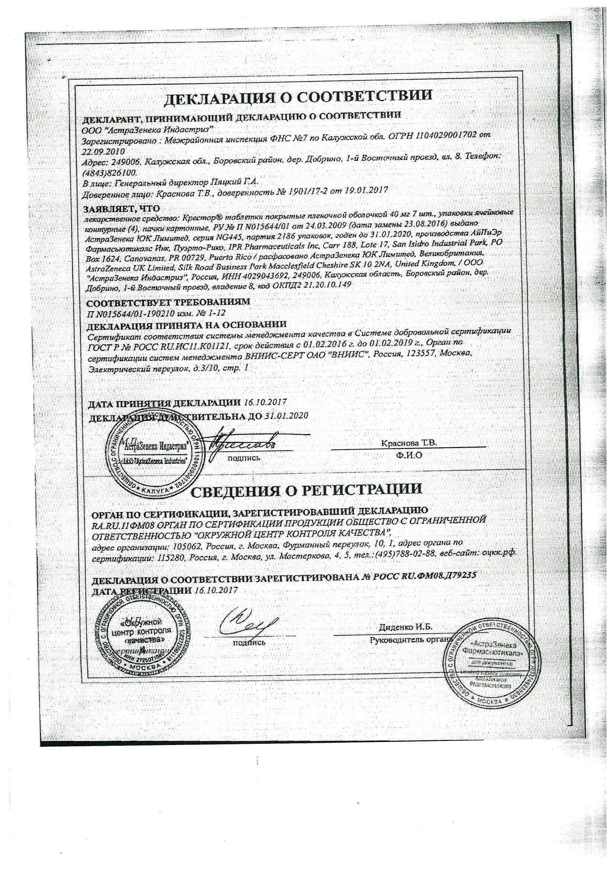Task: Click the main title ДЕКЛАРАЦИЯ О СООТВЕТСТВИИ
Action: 299,97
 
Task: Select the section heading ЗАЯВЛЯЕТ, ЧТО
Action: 121,208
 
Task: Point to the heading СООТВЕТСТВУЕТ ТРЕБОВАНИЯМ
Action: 168,303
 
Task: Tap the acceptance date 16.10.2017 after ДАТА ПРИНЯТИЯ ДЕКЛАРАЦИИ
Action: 265,402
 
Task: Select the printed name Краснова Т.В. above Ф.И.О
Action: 409,442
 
